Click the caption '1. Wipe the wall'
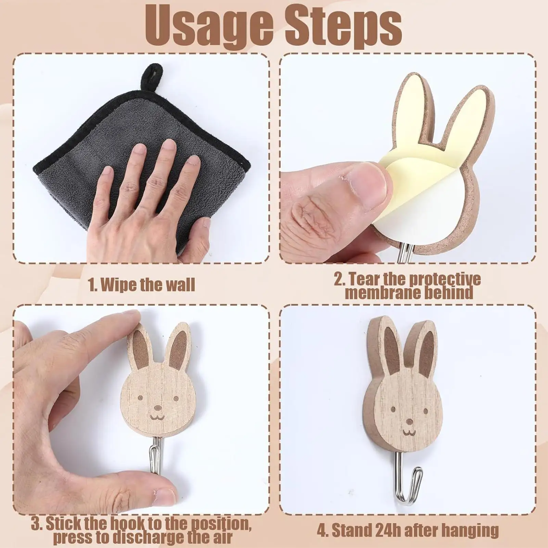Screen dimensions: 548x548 (141, 285)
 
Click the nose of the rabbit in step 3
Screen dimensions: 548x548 (157, 408)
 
